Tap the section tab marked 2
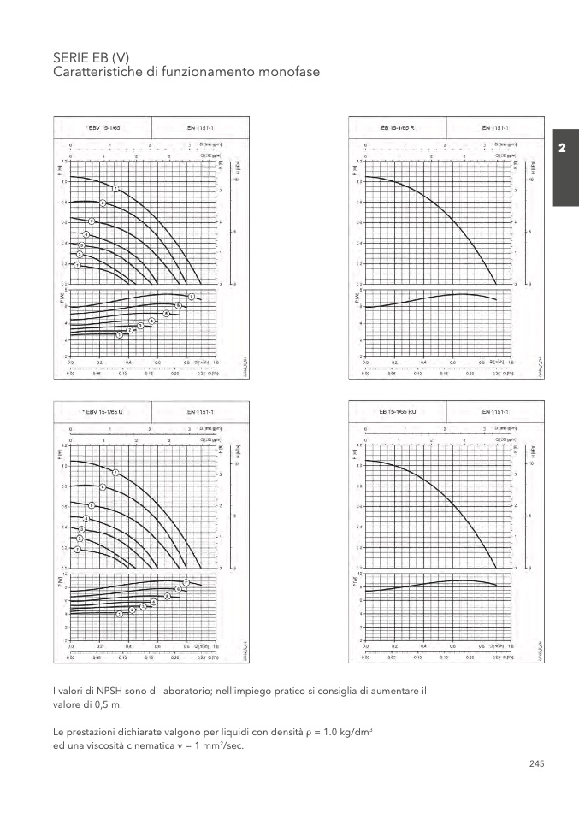(x=562, y=149)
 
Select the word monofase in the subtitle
(x=288, y=73)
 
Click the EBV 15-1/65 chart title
(x=103, y=127)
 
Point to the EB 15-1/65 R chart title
(x=398, y=127)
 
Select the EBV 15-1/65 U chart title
(x=103, y=411)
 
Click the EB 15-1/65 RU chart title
(x=398, y=411)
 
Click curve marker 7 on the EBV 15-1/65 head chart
(x=115, y=188)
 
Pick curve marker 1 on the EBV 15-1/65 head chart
(x=77, y=265)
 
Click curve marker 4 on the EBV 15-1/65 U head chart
(x=86, y=519)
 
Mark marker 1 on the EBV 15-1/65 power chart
(x=120, y=334)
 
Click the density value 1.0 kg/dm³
(x=350, y=734)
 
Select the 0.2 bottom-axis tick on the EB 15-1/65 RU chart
(x=393, y=647)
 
